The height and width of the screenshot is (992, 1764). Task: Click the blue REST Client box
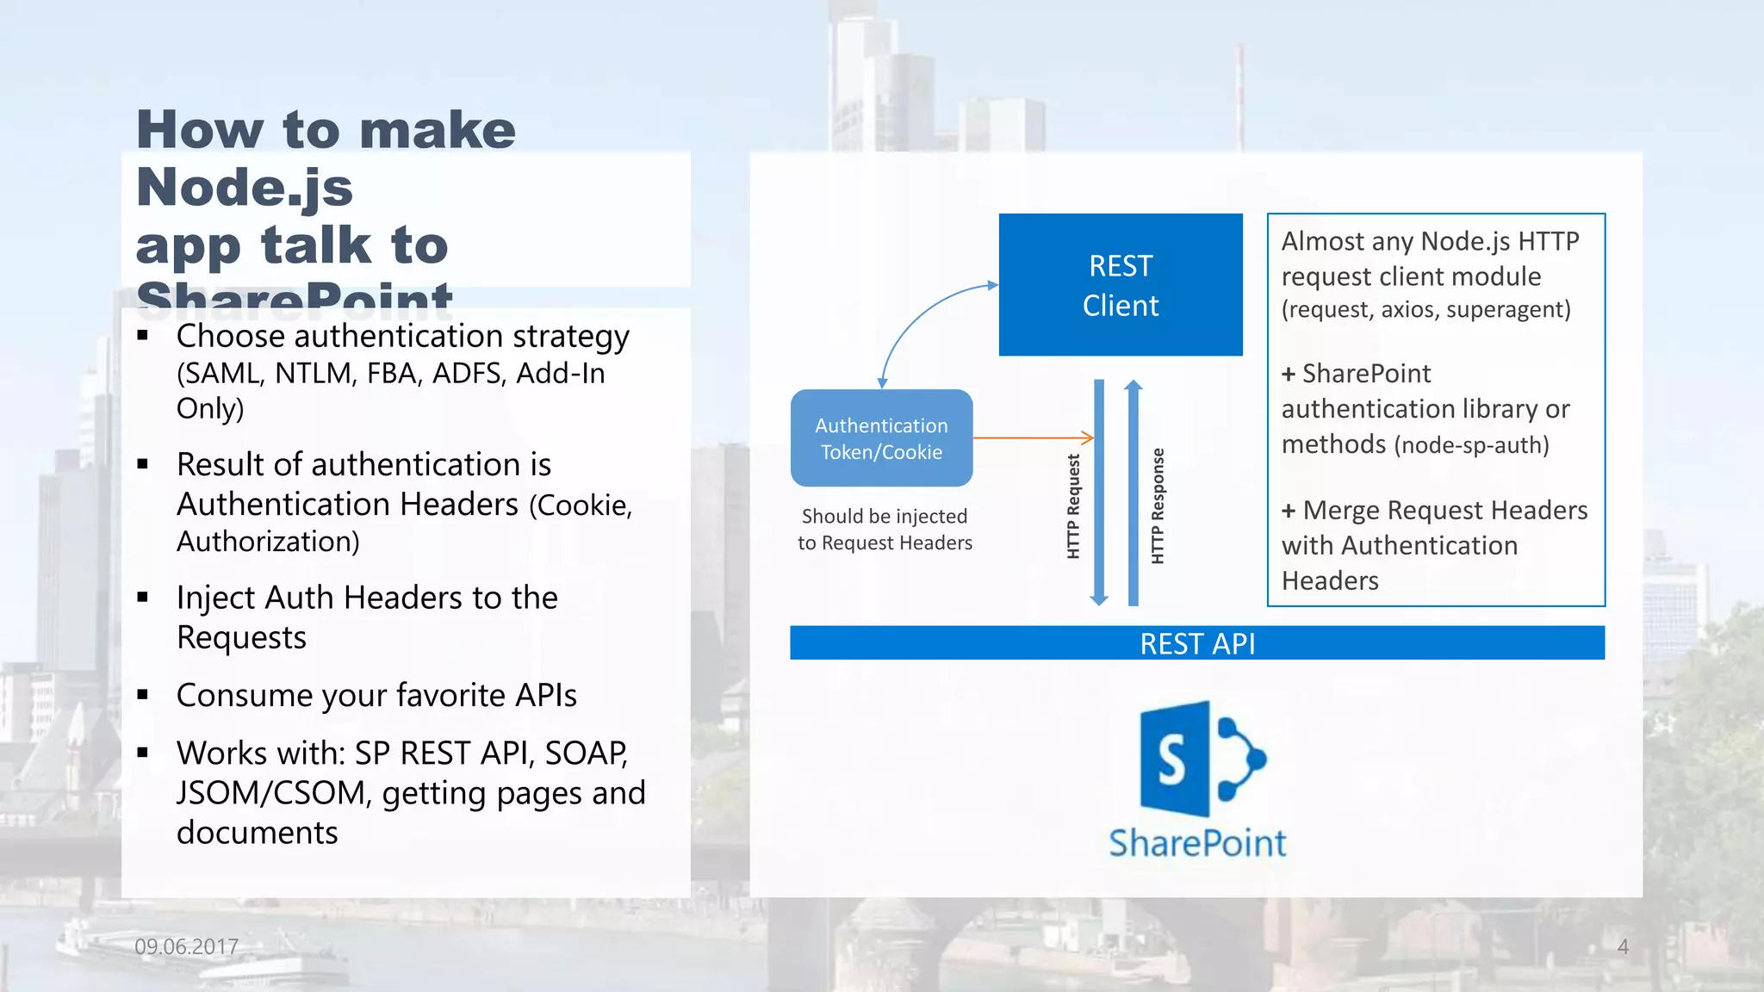(x=1120, y=285)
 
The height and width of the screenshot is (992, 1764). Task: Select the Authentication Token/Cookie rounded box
(x=881, y=438)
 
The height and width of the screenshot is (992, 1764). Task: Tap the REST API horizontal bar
(x=1196, y=643)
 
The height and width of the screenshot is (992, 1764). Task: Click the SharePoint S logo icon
(x=1201, y=759)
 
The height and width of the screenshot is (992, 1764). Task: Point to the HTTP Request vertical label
(x=1073, y=506)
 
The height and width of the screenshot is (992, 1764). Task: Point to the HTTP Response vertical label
(x=1158, y=506)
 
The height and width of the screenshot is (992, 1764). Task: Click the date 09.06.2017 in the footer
(x=186, y=946)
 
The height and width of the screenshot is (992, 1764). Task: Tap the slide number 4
(x=1623, y=946)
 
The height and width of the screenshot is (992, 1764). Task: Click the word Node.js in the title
(x=245, y=188)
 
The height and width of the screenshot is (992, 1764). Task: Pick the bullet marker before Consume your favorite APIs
(x=143, y=694)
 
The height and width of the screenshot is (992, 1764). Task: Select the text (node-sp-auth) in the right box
(x=1471, y=445)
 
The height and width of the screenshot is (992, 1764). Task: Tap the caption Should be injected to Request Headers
(x=885, y=529)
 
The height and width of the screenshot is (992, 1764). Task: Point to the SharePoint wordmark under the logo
(x=1197, y=843)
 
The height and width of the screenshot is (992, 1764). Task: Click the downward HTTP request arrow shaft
(x=1099, y=491)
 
